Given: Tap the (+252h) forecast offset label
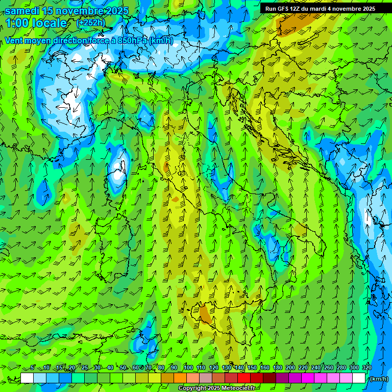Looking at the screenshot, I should [90, 22].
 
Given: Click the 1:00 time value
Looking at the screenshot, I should [18, 23].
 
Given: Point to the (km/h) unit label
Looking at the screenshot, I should [378, 379].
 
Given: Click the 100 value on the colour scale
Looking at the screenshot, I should [188, 367].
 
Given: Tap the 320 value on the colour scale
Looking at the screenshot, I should [367, 367].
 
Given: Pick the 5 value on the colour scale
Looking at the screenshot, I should [33, 367].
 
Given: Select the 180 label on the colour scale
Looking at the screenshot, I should [277, 367].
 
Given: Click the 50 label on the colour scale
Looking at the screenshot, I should [123, 367].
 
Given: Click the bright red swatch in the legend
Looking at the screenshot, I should [244, 378].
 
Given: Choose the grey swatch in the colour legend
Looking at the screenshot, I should [206, 378].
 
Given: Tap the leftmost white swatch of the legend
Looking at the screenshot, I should [27, 378].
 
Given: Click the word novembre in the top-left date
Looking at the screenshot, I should [78, 11].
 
